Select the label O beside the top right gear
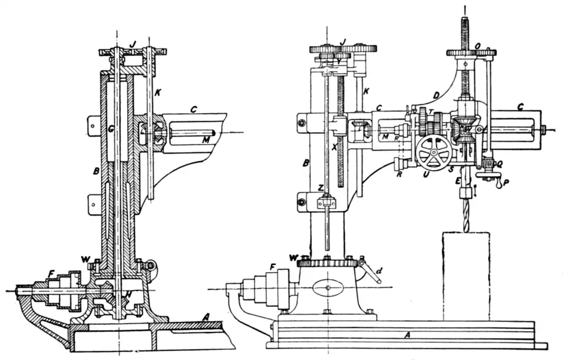click(478, 45)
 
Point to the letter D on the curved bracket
click(435, 95)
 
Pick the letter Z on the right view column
click(321, 188)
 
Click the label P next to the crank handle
click(506, 182)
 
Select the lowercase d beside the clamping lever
click(379, 271)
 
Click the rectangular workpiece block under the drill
click(466, 276)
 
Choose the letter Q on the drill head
click(498, 165)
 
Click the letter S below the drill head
click(452, 170)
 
